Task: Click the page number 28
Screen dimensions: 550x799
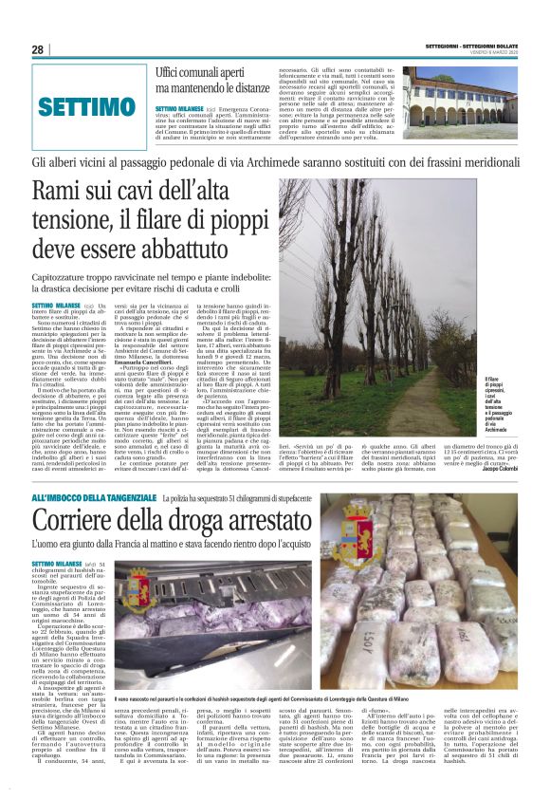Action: (38, 49)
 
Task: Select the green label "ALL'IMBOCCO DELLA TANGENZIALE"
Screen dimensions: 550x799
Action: (95, 498)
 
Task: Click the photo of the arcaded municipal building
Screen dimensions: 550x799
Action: (461, 102)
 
